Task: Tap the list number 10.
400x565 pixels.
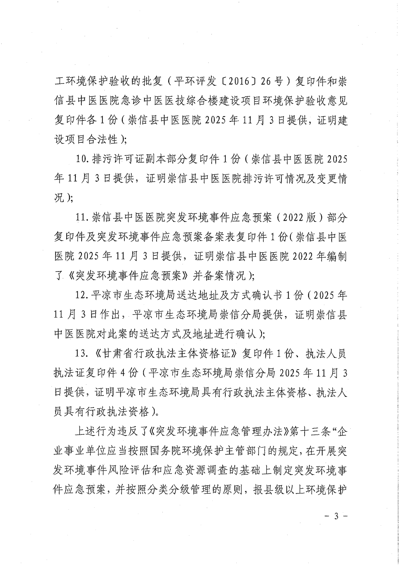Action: pos(82,159)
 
